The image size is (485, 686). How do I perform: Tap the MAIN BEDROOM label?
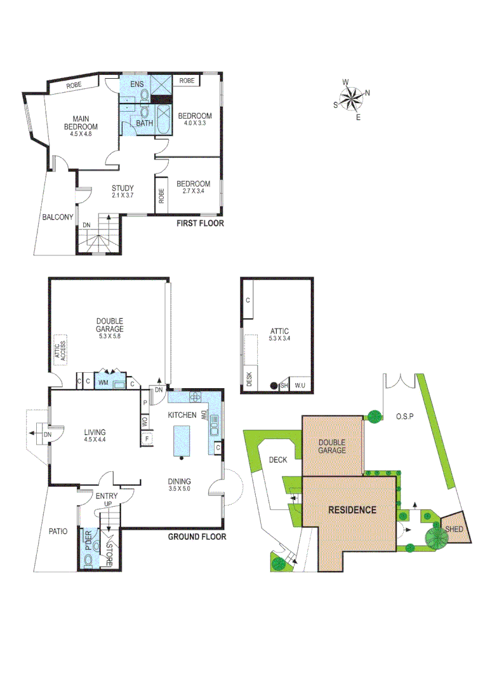point(80,123)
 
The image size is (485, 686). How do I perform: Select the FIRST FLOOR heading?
point(201,224)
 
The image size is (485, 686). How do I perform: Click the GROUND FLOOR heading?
point(197,537)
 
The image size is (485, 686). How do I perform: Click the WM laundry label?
point(103,382)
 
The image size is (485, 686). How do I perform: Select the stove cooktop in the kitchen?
point(195,398)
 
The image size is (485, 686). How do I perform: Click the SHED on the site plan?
point(455,529)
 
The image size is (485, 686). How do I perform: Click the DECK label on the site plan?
point(277,460)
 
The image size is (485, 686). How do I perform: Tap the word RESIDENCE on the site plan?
point(352,509)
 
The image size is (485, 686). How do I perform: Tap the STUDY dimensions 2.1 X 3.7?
point(123,196)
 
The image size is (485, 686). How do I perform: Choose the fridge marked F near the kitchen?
point(147,439)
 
